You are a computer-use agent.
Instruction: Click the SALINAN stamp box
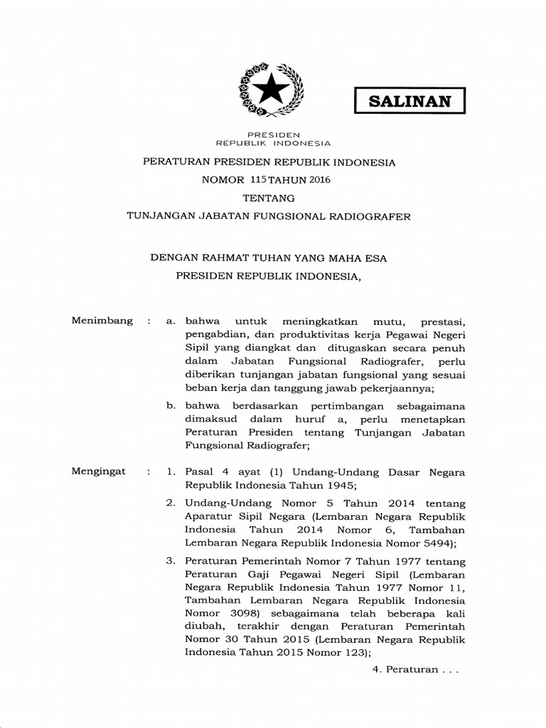tap(409, 100)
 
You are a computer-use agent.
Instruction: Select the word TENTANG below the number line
tap(273, 198)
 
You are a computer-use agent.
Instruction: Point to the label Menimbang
tap(102, 321)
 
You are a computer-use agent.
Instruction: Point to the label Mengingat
tap(100, 471)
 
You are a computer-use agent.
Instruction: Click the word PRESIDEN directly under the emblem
tap(273, 134)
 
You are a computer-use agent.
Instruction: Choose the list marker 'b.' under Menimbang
tap(171, 406)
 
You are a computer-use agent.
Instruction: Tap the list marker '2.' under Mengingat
tap(171, 503)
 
